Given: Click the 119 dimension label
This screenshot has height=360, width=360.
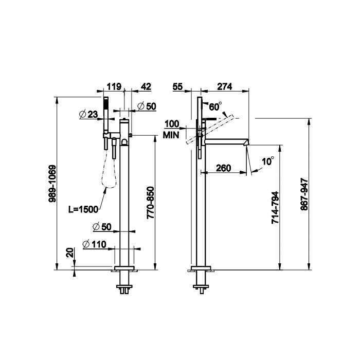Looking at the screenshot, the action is pos(114,87).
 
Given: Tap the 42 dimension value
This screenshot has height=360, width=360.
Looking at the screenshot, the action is pos(146,87).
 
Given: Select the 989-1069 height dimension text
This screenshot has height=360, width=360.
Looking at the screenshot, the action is pos(52,184).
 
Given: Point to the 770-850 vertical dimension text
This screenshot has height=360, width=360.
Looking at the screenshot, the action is pos(150,203).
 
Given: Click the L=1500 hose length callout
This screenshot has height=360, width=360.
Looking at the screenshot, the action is pos(83,209).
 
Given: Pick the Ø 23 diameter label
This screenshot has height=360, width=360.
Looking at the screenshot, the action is pos(88,114).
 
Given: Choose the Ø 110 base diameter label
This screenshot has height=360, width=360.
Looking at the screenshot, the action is pos(94,244).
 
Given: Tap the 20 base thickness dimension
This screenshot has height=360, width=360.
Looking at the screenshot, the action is pos(70,253).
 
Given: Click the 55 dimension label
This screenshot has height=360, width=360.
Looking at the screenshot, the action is pos(177,87).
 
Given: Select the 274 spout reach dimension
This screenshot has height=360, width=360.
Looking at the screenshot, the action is pos(225,87).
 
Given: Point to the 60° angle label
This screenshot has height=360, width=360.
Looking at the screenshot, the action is pos(215,106).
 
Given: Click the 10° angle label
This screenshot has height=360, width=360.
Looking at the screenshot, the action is pos(268,161).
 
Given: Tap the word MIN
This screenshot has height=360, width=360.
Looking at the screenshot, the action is pos(171,135).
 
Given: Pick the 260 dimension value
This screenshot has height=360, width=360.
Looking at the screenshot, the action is pos(223,168).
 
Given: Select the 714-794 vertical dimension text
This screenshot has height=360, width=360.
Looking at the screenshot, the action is pos(275,208).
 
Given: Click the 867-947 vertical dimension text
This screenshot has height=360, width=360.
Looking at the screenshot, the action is pos(304,194).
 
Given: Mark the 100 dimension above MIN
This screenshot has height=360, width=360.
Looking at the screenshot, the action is pos(172,124).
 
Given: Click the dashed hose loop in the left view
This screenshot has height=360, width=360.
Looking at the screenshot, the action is pos(109,169).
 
